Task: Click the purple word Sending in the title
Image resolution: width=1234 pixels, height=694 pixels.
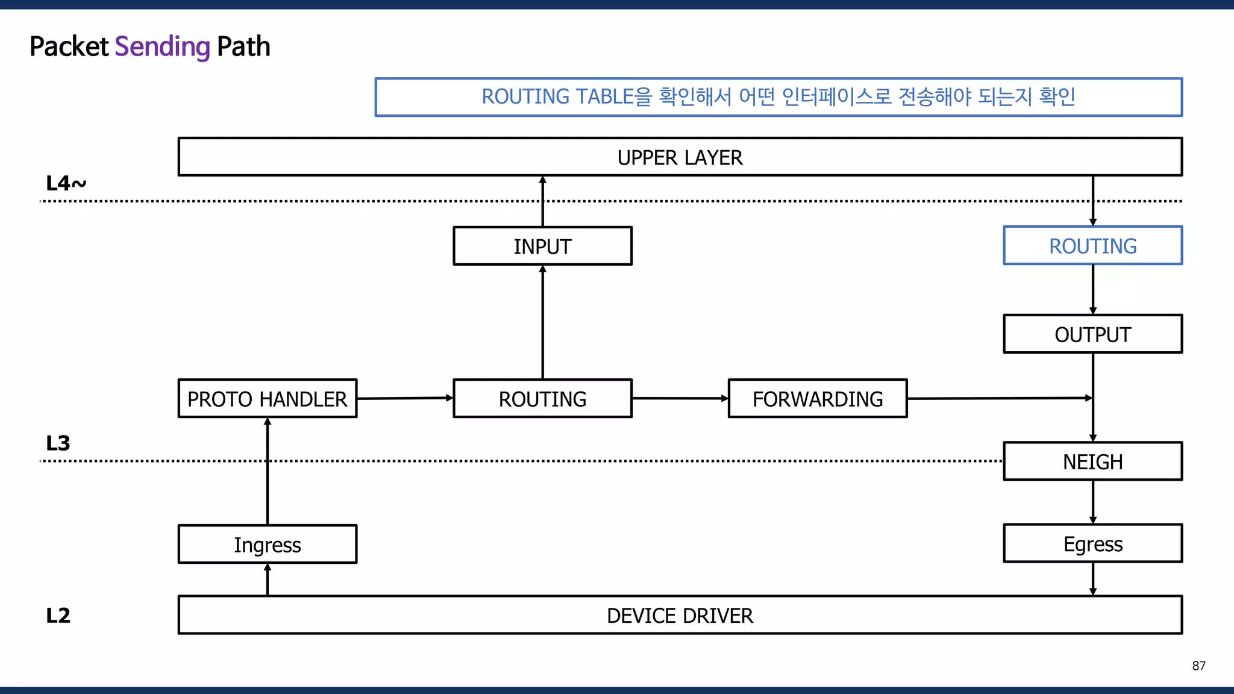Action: (162, 47)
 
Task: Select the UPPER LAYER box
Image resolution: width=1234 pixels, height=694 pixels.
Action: (680, 157)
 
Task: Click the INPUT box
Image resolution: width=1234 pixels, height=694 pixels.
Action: (542, 246)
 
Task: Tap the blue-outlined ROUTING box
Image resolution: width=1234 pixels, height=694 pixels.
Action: (1092, 246)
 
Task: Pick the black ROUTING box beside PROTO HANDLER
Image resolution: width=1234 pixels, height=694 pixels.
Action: (542, 398)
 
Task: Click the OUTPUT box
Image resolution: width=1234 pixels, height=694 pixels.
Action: (1092, 334)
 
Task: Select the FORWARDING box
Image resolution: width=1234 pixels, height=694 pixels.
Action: (817, 398)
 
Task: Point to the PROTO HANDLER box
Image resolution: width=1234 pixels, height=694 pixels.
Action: (267, 398)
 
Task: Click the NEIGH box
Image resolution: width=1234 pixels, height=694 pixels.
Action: (1092, 461)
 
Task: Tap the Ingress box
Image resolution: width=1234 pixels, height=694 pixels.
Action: (267, 545)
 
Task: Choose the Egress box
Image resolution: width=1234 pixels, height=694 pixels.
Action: (1092, 544)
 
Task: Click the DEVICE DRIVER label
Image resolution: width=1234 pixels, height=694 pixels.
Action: (680, 616)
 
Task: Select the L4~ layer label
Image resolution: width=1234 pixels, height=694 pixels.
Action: (66, 183)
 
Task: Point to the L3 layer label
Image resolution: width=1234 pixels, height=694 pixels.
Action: (58, 443)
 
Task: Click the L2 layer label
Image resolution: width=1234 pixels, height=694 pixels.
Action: (58, 616)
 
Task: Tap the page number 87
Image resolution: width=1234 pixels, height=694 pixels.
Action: (1198, 666)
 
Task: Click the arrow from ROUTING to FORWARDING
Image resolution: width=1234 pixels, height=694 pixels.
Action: (680, 398)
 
